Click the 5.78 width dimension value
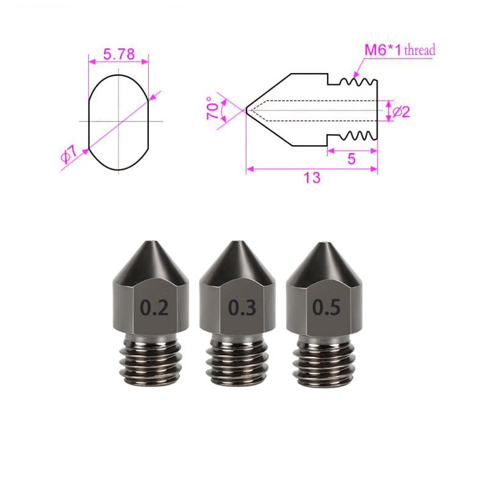point(118,54)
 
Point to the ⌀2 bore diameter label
point(400,111)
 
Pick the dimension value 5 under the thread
point(351,159)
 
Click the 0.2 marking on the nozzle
point(154,308)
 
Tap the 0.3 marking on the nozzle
point(242,308)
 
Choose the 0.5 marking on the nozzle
point(326,307)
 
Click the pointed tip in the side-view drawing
point(247,110)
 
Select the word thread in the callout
point(420,51)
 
